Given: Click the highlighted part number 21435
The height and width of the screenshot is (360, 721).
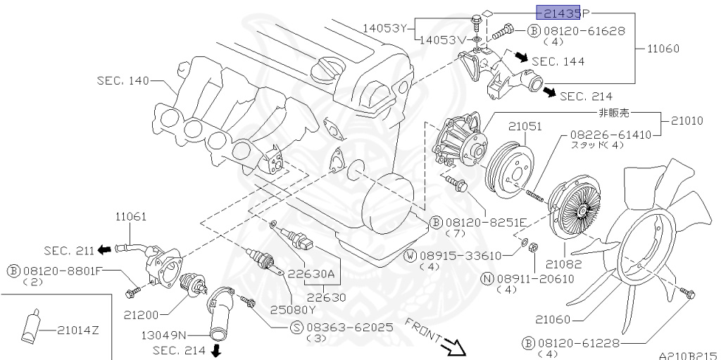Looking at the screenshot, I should tap(559, 12).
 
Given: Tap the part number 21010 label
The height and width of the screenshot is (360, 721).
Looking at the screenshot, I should tap(686, 121).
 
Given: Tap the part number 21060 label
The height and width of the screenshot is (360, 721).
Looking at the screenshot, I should tap(553, 319).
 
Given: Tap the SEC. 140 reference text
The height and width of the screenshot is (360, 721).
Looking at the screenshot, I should tap(123, 81).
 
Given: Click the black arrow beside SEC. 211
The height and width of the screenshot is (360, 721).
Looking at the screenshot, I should tap(104, 249).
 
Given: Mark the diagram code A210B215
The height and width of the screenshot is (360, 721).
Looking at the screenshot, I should tap(688, 356).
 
